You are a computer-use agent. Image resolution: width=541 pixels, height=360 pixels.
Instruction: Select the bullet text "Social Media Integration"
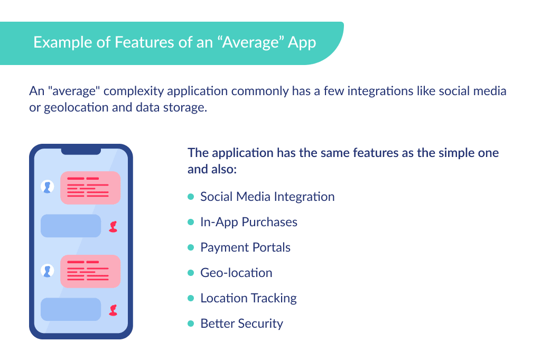(267, 197)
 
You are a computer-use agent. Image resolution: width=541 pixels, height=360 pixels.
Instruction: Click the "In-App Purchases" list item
(248, 222)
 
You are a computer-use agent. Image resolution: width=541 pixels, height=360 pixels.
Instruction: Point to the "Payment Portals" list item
(245, 247)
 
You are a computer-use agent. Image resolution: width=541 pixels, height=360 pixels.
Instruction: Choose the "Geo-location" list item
(236, 273)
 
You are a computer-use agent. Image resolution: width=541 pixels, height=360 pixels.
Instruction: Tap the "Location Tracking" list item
(248, 298)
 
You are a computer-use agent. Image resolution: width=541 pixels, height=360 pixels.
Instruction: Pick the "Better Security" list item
(241, 324)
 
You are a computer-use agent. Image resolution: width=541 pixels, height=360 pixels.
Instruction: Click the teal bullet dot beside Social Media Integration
(191, 197)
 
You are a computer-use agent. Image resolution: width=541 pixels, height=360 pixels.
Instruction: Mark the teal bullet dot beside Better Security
(191, 324)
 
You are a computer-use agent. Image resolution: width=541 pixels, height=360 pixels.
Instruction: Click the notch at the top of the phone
(81, 151)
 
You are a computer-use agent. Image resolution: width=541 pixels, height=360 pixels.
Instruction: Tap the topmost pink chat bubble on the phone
(91, 188)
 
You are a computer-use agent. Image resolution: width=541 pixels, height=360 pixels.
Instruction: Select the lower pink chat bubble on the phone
(91, 271)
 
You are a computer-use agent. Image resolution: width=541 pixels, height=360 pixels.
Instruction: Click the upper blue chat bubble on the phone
(71, 226)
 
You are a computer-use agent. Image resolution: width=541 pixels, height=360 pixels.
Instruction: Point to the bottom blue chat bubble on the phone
(71, 309)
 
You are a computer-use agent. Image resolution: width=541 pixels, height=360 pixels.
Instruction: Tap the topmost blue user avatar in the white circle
(48, 187)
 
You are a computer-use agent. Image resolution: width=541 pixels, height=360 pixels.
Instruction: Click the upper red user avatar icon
(113, 227)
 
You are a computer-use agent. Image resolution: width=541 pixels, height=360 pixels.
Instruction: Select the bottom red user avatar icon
(113, 310)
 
